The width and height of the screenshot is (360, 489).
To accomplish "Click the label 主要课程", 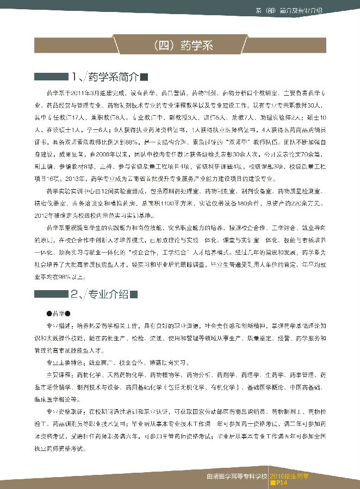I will click(x=59, y=374).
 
